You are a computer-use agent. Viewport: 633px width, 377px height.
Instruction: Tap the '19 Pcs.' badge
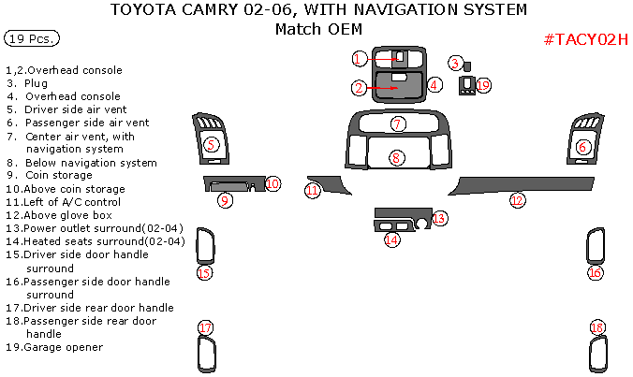coord(33,39)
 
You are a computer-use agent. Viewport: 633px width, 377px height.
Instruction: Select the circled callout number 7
coord(397,123)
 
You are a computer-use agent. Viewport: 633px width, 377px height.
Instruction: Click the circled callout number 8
coord(397,157)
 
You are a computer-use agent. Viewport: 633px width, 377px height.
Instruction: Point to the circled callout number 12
coord(517,199)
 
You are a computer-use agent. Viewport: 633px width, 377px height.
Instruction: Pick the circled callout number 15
coord(203,273)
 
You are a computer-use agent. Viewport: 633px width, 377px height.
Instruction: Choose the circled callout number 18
coord(597,327)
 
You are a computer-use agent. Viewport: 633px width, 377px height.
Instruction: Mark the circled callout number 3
coord(455,64)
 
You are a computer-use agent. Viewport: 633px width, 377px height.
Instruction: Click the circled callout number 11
coord(313,191)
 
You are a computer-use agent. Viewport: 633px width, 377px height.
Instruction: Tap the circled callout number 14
coord(391,240)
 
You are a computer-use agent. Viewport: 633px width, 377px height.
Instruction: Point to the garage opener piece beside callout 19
coord(466,86)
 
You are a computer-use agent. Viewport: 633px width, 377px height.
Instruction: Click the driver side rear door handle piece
coord(206,355)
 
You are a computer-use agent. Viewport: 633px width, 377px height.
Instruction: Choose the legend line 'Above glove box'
coord(69,214)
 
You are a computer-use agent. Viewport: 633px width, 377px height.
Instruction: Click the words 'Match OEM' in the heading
coord(317,29)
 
